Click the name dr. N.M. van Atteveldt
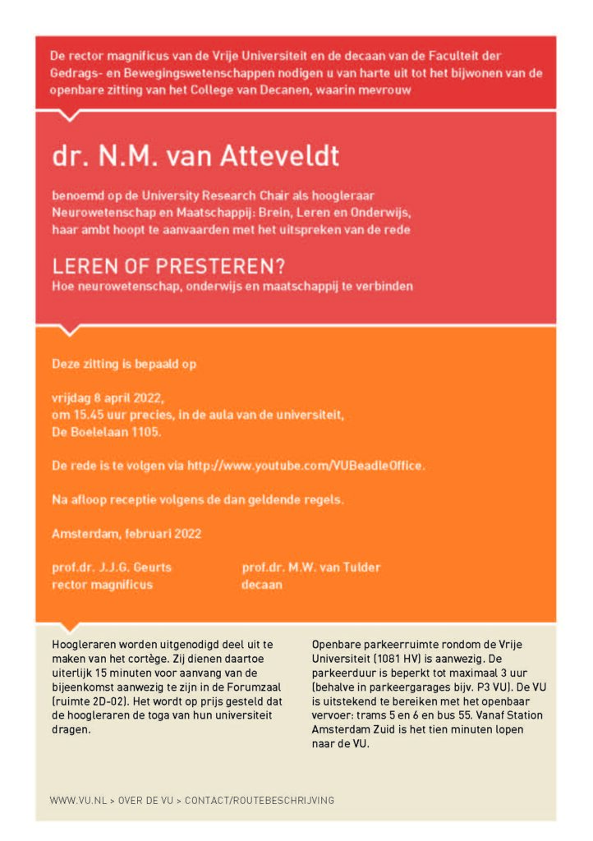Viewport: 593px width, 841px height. [x=195, y=156]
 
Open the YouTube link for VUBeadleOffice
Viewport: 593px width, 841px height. [x=306, y=465]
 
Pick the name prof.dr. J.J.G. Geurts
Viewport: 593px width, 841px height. [x=112, y=568]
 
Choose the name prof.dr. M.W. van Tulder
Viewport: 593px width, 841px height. [x=311, y=568]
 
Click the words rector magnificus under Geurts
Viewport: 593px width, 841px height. [x=102, y=585]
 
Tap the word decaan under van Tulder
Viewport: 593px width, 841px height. [x=262, y=585]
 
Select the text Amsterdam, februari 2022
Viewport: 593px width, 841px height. [x=126, y=533]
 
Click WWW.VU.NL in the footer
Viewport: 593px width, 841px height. [x=76, y=800]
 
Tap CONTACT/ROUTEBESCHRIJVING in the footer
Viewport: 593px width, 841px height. [x=260, y=800]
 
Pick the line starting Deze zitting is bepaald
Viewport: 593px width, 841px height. [x=124, y=363]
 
